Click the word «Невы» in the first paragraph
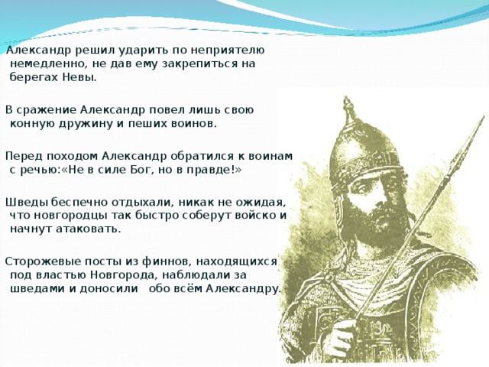click(80, 77)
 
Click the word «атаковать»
click(89, 228)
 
